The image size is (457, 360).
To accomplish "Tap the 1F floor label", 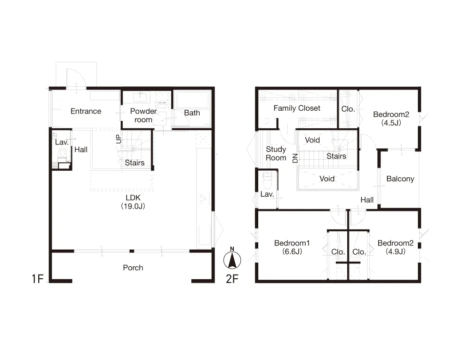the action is (38, 279).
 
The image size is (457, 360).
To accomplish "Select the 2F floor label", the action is (232, 279).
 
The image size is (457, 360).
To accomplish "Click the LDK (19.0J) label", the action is (133, 202).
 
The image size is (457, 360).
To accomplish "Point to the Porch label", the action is (133, 268).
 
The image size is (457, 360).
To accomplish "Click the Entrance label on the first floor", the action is (86, 111).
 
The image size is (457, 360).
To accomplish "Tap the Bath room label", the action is (192, 113).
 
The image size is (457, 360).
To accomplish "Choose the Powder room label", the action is (143, 115).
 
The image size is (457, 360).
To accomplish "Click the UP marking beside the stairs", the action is (119, 139).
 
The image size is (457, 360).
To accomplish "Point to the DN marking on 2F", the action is (295, 158).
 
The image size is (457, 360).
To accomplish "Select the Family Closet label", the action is (297, 108).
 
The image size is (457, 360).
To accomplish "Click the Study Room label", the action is (276, 153).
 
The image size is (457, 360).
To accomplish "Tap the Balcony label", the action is (400, 179).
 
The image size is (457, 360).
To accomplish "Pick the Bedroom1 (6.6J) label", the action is (292, 247).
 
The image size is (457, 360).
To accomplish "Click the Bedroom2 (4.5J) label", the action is (391, 119).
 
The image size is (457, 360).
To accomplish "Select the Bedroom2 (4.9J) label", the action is (395, 247).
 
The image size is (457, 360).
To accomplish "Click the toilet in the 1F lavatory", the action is (62, 154).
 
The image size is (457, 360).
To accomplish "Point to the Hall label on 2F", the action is (367, 200).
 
